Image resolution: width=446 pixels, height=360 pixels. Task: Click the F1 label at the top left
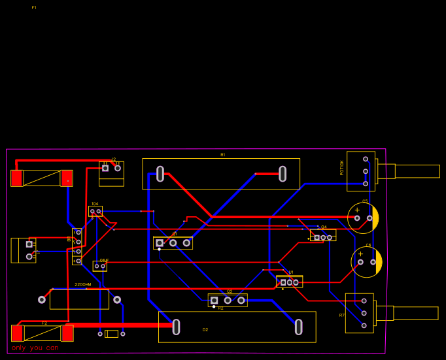(34, 8)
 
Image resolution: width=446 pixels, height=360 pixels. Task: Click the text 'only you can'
(35, 348)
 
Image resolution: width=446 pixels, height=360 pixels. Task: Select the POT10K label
(342, 168)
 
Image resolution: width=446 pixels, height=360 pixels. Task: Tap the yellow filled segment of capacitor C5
(375, 218)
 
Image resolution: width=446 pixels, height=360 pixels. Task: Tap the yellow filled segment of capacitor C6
(379, 262)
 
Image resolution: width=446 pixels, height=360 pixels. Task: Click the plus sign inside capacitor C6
(360, 254)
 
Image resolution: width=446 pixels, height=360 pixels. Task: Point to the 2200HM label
(83, 285)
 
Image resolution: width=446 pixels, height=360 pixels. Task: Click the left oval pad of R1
(160, 174)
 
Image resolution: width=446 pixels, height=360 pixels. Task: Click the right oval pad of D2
(298, 327)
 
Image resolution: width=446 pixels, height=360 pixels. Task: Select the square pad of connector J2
(105, 168)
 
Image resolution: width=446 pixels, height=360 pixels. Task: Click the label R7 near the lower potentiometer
(341, 316)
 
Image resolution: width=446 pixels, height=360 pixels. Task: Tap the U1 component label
(291, 272)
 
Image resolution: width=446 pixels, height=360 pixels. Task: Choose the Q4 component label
(324, 227)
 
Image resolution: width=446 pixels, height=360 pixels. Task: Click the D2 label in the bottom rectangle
(205, 330)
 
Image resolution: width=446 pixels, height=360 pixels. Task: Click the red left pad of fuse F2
(17, 333)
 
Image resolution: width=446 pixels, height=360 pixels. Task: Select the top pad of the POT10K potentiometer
(366, 159)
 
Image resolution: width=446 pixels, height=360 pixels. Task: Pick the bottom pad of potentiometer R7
(364, 325)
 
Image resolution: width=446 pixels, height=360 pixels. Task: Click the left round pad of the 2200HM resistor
(42, 300)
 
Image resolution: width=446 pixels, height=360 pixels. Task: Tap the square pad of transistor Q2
(214, 301)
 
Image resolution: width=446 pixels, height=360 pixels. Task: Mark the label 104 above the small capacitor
(95, 204)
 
